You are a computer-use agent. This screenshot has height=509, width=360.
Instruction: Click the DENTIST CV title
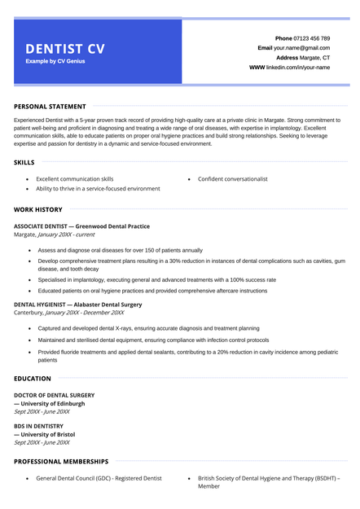[x=65, y=49]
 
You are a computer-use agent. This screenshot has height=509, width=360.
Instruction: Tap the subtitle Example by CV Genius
[x=55, y=61]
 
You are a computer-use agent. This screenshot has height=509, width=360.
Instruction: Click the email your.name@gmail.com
[x=302, y=48]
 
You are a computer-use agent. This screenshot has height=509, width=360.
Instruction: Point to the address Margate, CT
[x=315, y=58]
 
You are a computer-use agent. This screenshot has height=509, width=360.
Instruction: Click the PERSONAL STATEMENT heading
[x=50, y=106]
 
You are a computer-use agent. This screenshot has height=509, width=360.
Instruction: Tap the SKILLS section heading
[x=24, y=162]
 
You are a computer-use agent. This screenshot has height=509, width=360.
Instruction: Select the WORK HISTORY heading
[x=38, y=209]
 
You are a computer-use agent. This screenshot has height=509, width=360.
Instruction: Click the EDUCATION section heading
[x=33, y=379]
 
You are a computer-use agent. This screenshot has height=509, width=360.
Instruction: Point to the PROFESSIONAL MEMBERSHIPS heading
[x=61, y=461]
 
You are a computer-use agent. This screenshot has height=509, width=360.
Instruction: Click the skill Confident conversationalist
[x=232, y=178]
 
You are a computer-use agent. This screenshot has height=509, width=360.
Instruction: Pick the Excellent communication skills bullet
[x=75, y=178]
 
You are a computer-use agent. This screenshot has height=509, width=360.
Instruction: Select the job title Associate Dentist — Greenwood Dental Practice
[x=81, y=226]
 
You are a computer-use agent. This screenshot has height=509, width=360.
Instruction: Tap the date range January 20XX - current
[x=72, y=235]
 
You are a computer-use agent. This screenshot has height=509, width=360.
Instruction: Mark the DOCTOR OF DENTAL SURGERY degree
[x=54, y=395]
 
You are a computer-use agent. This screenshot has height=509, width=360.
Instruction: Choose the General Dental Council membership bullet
[x=99, y=478]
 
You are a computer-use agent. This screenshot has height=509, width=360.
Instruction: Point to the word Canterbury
[x=28, y=312]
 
